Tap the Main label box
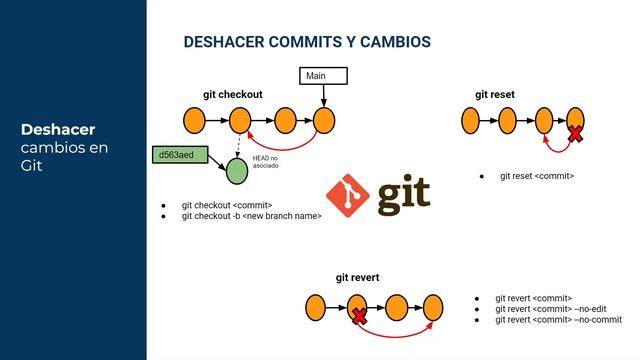324,76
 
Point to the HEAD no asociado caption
266,162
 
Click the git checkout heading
232,94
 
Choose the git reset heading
495,94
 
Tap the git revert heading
357,277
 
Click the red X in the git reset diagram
576,133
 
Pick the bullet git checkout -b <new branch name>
251,215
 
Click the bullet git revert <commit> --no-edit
551,309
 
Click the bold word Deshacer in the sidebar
57,130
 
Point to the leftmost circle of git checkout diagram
196,121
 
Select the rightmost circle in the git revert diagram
433,305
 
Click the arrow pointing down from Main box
324,96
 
